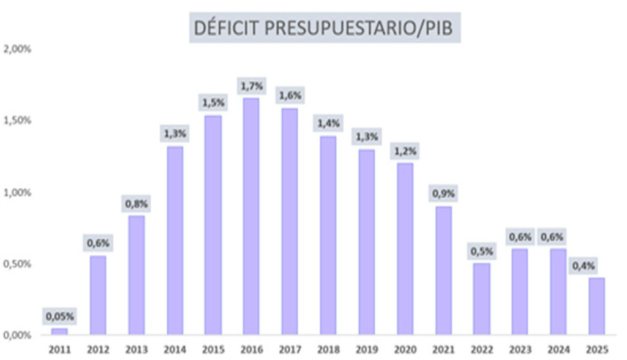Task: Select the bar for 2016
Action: click(x=251, y=216)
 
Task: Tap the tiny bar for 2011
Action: click(x=59, y=332)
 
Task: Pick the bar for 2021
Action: click(x=443, y=271)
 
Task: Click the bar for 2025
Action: click(x=596, y=306)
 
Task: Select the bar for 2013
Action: click(x=137, y=275)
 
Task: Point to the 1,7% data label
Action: click(x=252, y=86)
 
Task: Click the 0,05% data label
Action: click(x=59, y=317)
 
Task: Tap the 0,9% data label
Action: click(x=443, y=193)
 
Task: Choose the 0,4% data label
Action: click(x=584, y=266)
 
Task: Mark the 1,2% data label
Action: click(x=405, y=151)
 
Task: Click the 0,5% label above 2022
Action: click(x=481, y=252)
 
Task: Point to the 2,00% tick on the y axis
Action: click(x=17, y=49)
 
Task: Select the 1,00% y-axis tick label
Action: click(x=17, y=192)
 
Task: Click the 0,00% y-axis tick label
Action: click(x=17, y=335)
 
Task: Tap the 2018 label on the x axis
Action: click(x=328, y=350)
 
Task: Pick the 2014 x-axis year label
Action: click(x=175, y=350)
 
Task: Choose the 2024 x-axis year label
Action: click(x=558, y=350)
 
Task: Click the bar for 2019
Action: click(x=367, y=242)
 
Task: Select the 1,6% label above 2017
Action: click(x=290, y=96)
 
